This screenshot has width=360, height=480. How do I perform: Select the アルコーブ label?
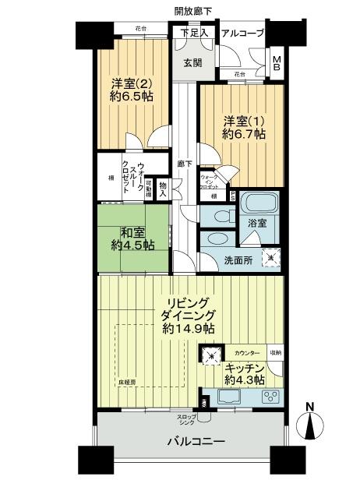click(x=242, y=34)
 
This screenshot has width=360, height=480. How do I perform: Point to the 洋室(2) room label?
click(x=129, y=84)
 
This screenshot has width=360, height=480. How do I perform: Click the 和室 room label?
click(x=132, y=231)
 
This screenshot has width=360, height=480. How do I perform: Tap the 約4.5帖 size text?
click(x=132, y=245)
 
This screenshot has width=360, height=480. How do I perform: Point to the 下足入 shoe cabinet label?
click(x=193, y=33)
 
